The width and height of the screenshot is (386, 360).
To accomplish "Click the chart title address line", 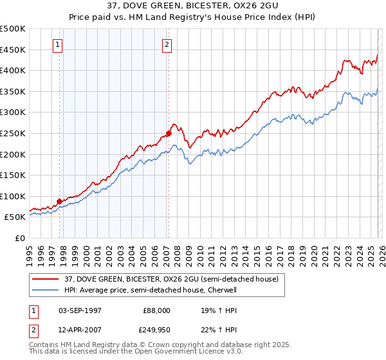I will click(192, 6).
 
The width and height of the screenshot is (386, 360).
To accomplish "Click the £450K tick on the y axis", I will click(13, 50).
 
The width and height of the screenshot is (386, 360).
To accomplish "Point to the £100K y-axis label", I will click(13, 196).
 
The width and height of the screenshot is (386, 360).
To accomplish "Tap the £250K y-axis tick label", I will click(13, 133).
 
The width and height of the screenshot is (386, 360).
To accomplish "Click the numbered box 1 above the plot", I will click(58, 45).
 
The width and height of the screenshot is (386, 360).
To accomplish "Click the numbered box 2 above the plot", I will click(167, 45).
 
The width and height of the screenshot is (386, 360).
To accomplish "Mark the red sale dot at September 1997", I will click(60, 201).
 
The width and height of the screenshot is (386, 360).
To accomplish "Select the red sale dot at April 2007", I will click(169, 134).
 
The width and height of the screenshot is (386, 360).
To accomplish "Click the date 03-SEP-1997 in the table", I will click(80, 310).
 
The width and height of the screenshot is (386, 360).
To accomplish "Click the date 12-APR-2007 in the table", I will click(80, 330).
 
